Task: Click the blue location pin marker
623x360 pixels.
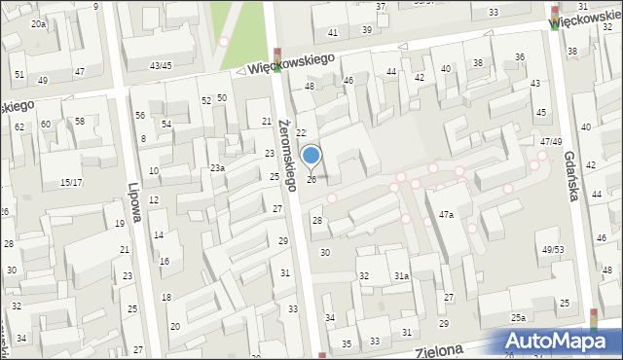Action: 311,157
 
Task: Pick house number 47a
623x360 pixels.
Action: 446,214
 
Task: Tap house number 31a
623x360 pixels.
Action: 401,276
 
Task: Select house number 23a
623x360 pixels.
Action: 218,168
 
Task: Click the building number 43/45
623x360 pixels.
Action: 161,65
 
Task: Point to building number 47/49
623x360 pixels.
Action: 551,142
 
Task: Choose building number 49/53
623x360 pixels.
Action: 553,250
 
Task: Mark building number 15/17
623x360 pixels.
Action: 71,182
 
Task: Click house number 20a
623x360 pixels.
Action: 38,23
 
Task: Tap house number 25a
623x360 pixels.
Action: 519,318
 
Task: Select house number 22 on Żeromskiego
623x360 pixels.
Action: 301,132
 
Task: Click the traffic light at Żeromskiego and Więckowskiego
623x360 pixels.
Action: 277,59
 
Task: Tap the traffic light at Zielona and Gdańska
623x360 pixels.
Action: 595,320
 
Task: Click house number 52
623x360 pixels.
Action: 206,100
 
